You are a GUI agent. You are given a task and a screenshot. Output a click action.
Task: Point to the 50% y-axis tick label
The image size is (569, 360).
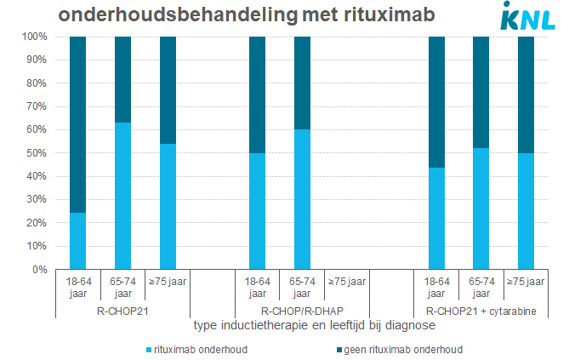pyautogui.click(x=40, y=153)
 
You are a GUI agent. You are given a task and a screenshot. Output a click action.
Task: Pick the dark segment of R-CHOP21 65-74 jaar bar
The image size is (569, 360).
pyautogui.click(x=123, y=79)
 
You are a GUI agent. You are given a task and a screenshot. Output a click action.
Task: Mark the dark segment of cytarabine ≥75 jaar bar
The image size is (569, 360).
pyautogui.click(x=526, y=94)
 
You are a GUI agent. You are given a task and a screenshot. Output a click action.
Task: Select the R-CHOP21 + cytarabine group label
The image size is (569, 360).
pyautogui.click(x=481, y=311)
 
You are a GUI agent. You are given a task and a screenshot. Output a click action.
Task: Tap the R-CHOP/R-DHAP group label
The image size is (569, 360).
pyautogui.click(x=302, y=311)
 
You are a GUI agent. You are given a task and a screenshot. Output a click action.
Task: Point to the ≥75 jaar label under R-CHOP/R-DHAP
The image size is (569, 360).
pyautogui.click(x=347, y=281)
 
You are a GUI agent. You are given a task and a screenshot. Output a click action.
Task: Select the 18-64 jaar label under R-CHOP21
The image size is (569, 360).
pyautogui.click(x=78, y=287)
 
